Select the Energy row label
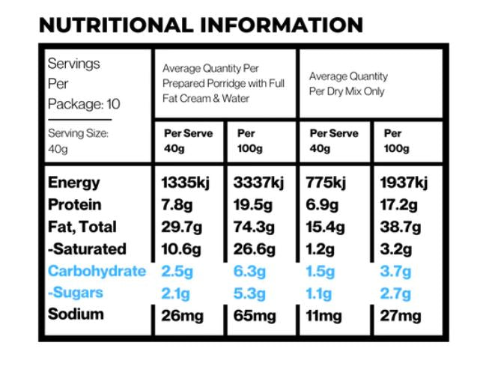point(74,183)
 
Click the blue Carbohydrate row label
point(97,271)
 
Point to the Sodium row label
point(76,314)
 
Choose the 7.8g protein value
point(178,204)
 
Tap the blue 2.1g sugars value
point(176,293)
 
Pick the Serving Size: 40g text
point(79,140)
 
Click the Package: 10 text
point(84,103)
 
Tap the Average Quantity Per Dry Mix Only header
point(348,84)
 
